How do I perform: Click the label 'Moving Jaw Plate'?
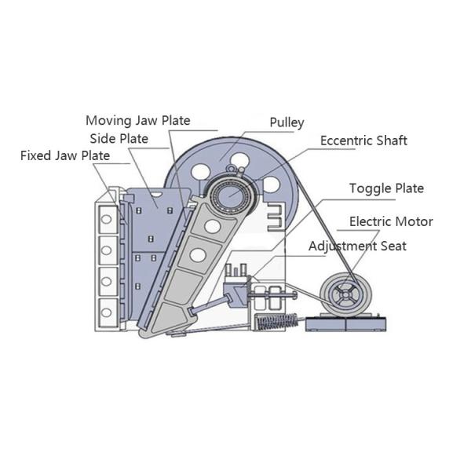(137, 120)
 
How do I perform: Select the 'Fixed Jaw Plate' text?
(65, 155)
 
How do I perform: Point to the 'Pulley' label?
(287, 122)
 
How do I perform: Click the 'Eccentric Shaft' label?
(363, 141)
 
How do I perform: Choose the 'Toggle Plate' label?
(386, 188)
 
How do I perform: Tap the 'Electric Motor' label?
(390, 221)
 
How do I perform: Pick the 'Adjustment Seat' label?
(357, 246)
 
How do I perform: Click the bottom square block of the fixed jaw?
(105, 307)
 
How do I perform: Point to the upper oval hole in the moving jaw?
(211, 226)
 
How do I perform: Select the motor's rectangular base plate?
(345, 321)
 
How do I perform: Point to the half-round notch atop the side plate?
(157, 192)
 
